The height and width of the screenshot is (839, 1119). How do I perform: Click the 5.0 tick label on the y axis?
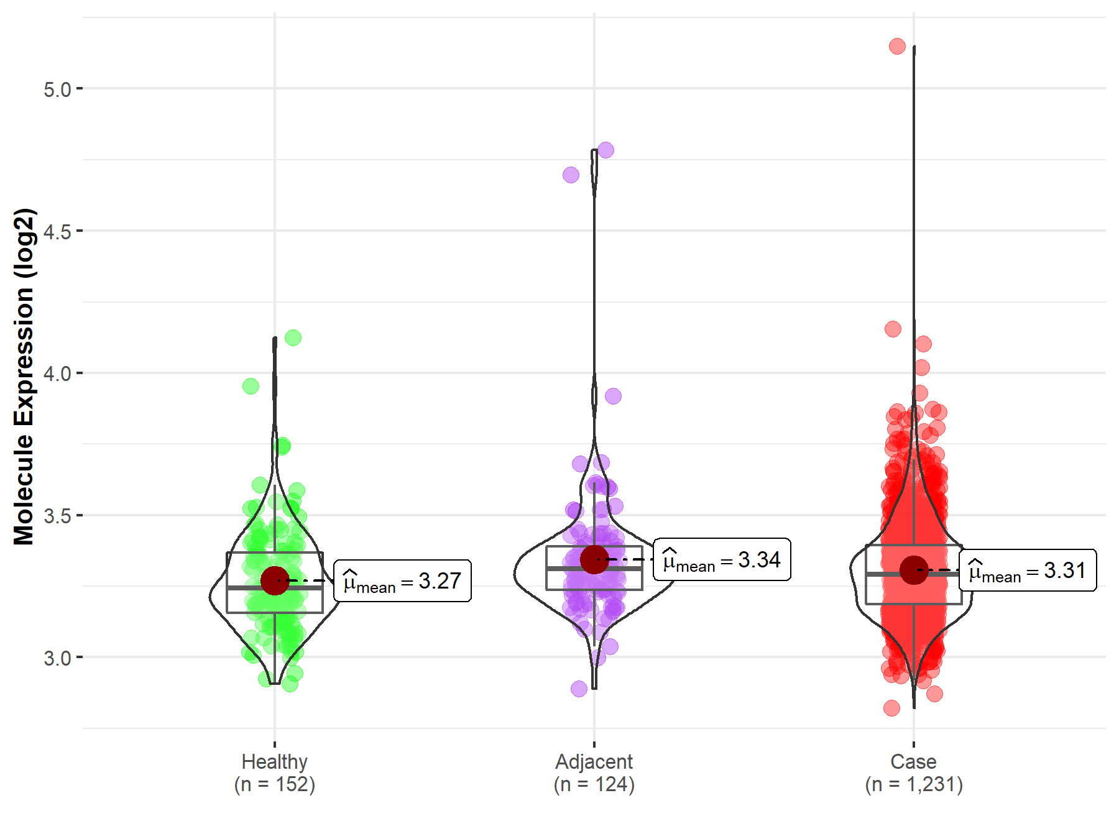(57, 89)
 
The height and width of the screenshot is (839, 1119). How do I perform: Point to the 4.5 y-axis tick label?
(57, 232)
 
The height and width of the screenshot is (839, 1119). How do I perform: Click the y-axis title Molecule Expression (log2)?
(24, 377)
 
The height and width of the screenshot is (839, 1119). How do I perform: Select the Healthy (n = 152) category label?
(275, 773)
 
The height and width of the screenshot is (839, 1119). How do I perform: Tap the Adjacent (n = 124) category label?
(594, 773)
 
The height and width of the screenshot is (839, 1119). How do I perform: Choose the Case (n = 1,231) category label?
(913, 773)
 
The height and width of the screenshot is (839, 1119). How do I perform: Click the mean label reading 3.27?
(402, 581)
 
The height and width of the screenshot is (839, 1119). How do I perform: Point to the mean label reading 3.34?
(722, 560)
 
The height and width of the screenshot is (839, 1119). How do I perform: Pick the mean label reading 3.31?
(1028, 571)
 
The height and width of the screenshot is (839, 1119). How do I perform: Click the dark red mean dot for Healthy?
(275, 580)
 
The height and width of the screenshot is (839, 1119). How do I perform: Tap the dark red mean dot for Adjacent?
(594, 559)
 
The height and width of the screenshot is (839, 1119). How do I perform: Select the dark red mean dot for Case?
(914, 570)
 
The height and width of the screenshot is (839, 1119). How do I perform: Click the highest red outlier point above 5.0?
(897, 46)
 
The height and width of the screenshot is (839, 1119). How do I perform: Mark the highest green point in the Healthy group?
(293, 338)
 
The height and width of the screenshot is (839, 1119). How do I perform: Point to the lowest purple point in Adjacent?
(579, 689)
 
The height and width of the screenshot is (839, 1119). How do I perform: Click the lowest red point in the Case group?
(891, 708)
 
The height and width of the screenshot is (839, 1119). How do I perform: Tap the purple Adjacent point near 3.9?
(613, 396)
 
